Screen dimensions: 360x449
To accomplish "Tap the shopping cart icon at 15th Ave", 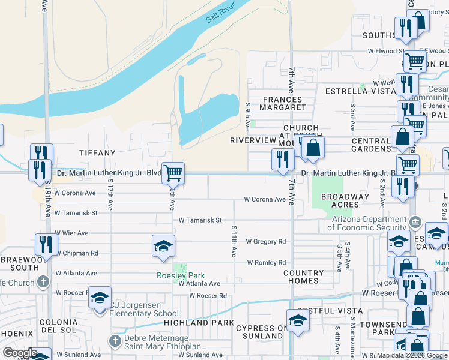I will (173, 173).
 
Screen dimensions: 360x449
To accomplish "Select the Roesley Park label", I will (181, 276).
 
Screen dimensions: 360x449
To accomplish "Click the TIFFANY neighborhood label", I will (97, 154).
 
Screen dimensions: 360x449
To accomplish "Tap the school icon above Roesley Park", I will (163, 246).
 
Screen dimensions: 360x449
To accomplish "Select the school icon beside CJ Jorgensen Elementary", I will (100, 298).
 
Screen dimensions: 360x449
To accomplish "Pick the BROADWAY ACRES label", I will (345, 200).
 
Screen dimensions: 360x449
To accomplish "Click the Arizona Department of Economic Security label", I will (369, 223).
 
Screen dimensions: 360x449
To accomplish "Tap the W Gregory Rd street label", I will (265, 241).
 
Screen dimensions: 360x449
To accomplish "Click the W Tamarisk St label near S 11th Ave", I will (200, 220).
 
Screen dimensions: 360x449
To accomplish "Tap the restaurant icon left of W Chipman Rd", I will (46, 244).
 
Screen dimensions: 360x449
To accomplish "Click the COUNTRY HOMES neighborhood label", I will (304, 277).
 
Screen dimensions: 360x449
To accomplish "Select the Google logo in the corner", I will (20, 353).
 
